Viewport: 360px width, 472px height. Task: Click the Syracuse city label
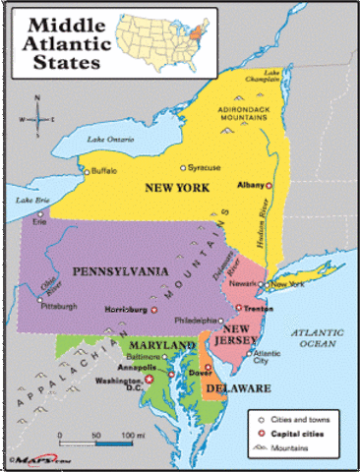pyautogui.click(x=204, y=167)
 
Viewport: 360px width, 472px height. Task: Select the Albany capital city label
pyautogui.click(x=251, y=184)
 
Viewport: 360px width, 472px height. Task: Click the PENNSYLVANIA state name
pyautogui.click(x=116, y=270)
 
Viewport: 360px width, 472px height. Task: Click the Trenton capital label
pyautogui.click(x=258, y=309)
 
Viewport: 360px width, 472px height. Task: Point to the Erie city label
pyautogui.click(x=39, y=222)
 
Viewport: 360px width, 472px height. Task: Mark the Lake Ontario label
pyautogui.click(x=107, y=139)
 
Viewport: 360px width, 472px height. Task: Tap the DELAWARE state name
pyautogui.click(x=237, y=389)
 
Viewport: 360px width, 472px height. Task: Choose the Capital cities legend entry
pyautogui.click(x=297, y=432)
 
